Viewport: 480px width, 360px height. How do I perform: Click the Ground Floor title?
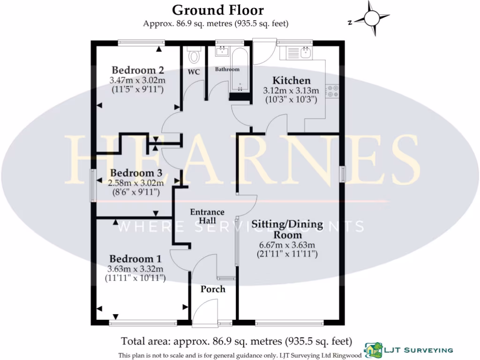217,10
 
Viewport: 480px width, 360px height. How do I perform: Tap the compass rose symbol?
372,18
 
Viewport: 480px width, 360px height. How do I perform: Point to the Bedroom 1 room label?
135,259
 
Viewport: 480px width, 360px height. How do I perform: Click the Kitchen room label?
292,81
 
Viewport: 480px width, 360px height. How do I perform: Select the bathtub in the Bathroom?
240,73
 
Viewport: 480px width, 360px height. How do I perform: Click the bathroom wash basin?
222,51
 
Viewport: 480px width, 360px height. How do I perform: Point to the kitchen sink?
306,52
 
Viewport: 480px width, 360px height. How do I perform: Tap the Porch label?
213,289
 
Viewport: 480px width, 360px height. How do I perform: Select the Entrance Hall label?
207,216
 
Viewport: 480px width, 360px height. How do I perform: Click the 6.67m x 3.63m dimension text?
287,245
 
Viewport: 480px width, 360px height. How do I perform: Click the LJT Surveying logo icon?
373,349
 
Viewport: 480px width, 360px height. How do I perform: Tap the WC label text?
194,72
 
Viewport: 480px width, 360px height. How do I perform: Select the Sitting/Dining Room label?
287,229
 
